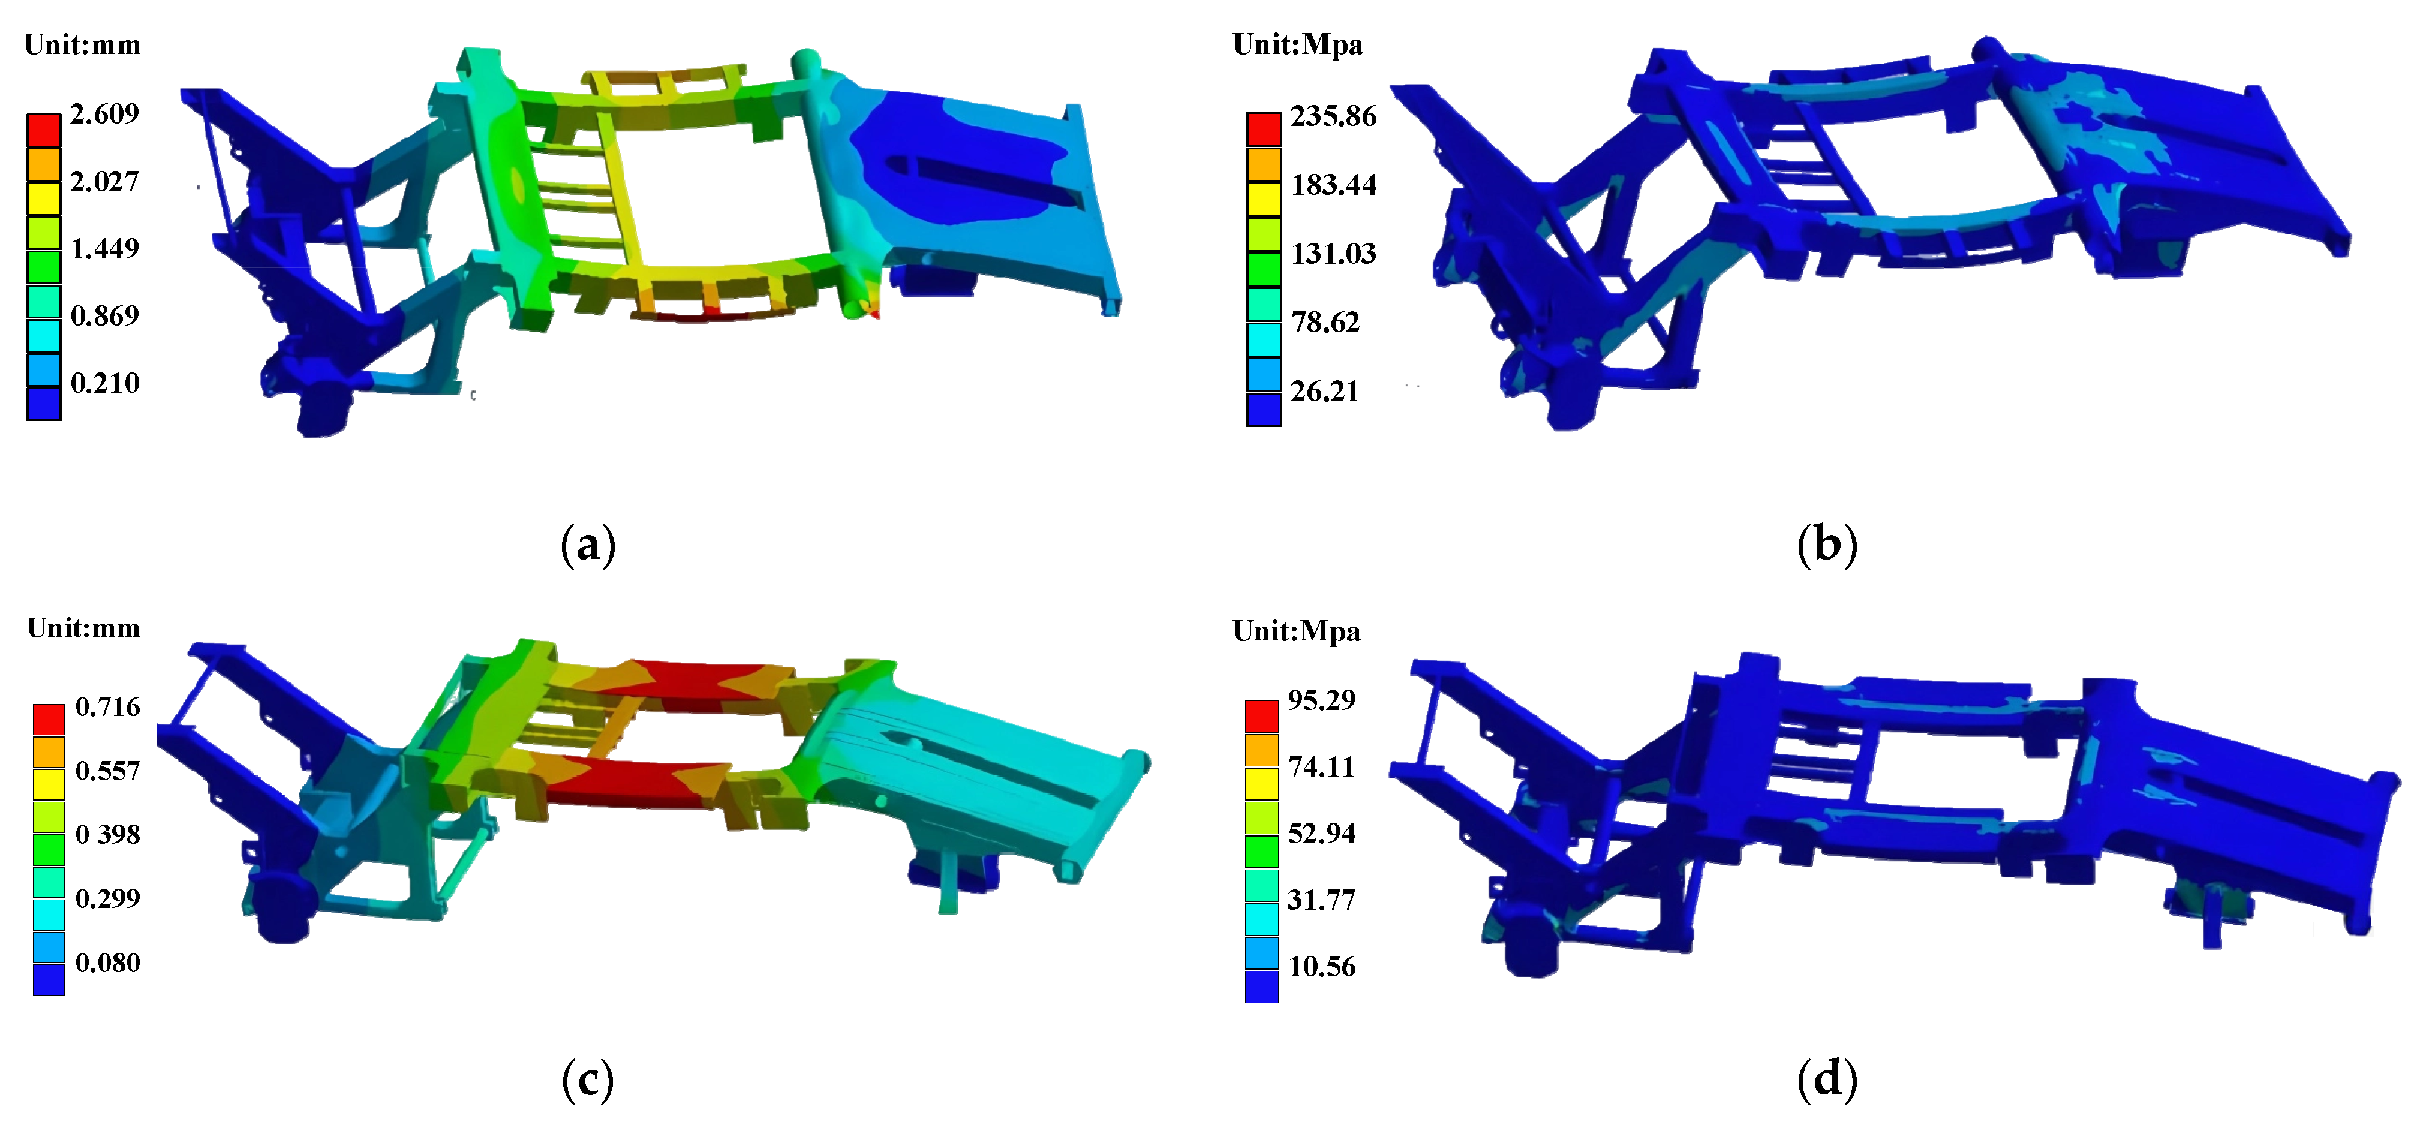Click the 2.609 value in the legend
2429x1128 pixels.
pyautogui.click(x=105, y=114)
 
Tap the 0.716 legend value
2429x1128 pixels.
pyautogui.click(x=107, y=708)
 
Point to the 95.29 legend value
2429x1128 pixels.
pyautogui.click(x=1322, y=700)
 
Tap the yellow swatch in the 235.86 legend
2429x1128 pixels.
pyautogui.click(x=1264, y=199)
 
